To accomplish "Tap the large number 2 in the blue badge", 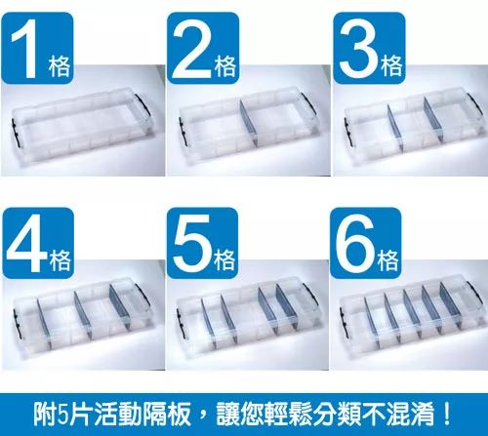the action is click(x=192, y=49).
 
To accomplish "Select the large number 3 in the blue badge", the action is click(x=359, y=49).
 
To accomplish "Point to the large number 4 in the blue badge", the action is click(x=26, y=243).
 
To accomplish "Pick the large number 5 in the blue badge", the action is click(x=192, y=244).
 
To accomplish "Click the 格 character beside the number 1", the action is click(x=60, y=66).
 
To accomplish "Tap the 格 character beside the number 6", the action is click(x=387, y=260).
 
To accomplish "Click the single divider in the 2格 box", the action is click(x=249, y=123).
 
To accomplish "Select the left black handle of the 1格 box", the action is click(x=16, y=134).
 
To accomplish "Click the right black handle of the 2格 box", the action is click(x=308, y=103).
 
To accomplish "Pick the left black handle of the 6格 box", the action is click(x=344, y=322).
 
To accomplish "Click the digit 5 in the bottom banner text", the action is click(x=61, y=415).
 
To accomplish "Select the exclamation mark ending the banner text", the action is click(x=447, y=414).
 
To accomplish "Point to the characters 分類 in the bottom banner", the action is click(x=339, y=414).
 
